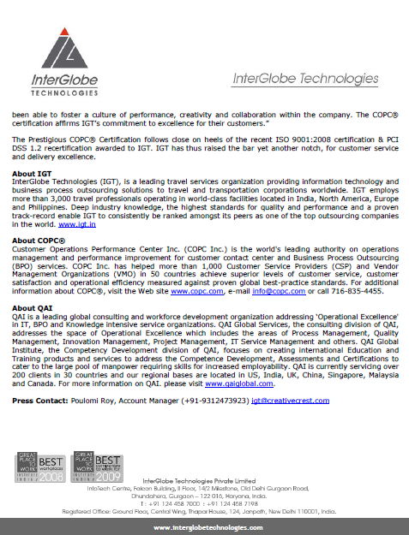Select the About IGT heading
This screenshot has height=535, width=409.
click(32, 174)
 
